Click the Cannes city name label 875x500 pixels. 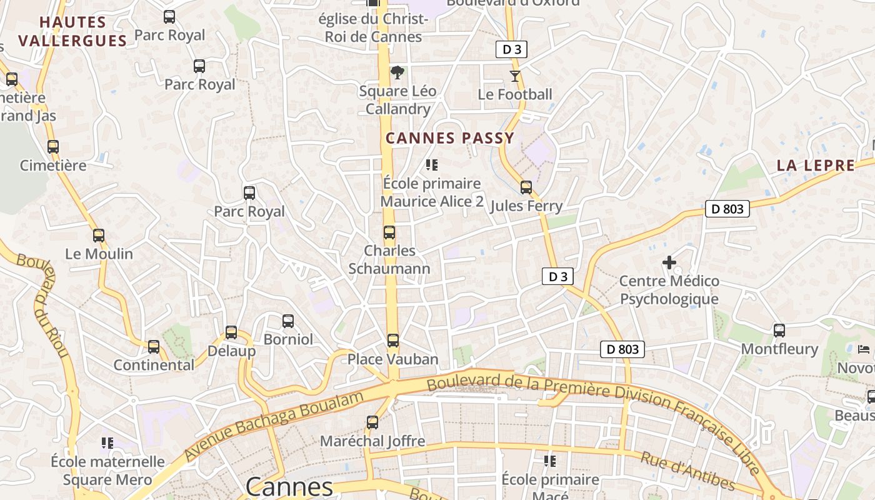[x=289, y=487]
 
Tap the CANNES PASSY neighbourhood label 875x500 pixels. [x=450, y=138]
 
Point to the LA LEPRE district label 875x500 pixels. [x=816, y=166]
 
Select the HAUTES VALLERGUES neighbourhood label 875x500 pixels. [x=72, y=32]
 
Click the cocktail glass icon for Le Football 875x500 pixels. [x=514, y=76]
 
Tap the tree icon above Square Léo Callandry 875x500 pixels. [x=397, y=73]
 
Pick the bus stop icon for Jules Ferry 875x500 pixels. [x=526, y=187]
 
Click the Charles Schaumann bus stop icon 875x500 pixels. [x=389, y=233]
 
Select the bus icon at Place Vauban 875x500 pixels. [x=392, y=341]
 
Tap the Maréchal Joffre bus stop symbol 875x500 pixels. [x=372, y=422]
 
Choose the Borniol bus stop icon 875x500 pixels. [x=288, y=321]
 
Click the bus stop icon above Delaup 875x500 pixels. [x=231, y=332]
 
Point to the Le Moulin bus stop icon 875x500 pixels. [x=99, y=236]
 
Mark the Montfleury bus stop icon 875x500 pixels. [x=779, y=331]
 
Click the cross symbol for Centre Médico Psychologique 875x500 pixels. [x=669, y=262]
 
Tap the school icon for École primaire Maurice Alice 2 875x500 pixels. [x=431, y=165]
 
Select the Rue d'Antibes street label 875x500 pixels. [x=687, y=471]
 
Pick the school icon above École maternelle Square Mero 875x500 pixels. [x=107, y=443]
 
